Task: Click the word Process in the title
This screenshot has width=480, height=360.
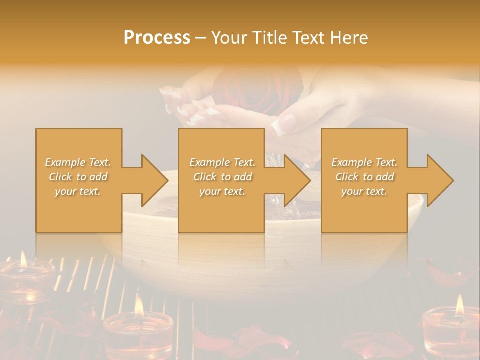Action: click(157, 38)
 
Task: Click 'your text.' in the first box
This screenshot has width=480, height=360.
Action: click(78, 191)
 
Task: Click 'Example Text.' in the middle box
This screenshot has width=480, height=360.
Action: click(222, 162)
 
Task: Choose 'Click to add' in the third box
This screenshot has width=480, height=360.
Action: click(364, 177)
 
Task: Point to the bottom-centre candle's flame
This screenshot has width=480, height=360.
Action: click(139, 305)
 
